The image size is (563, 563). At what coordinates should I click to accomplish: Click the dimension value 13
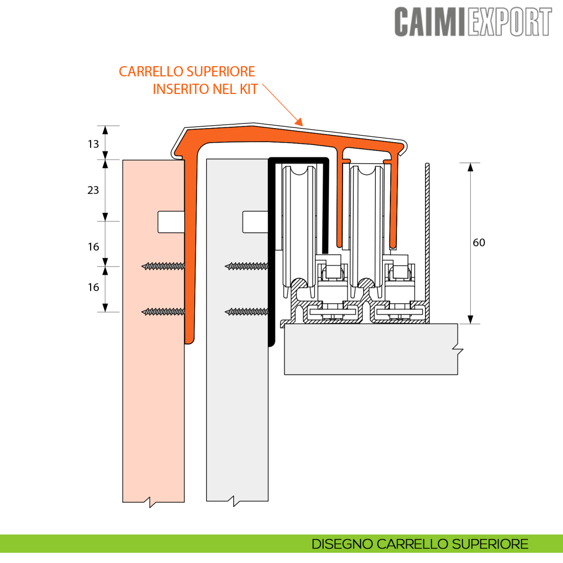click(x=93, y=144)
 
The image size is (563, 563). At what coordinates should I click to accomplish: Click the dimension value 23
click(x=93, y=190)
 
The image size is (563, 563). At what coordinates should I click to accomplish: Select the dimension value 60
click(x=479, y=243)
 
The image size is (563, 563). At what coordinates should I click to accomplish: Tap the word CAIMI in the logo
click(x=430, y=22)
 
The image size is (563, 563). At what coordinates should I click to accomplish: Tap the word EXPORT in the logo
click(x=509, y=22)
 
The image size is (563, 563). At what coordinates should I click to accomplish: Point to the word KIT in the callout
click(x=249, y=89)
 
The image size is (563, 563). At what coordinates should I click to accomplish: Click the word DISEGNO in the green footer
click(x=342, y=544)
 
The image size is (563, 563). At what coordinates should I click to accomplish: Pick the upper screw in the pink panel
click(x=163, y=266)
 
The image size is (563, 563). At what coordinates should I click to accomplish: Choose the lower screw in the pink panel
click(x=163, y=312)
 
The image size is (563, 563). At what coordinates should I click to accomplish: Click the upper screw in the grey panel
click(x=247, y=266)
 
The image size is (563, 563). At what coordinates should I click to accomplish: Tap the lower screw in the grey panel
click(x=247, y=312)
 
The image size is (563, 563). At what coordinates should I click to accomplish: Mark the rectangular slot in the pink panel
click(x=170, y=222)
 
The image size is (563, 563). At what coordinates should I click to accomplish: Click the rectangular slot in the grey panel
click(x=255, y=222)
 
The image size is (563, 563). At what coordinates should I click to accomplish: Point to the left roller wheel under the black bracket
click(x=298, y=225)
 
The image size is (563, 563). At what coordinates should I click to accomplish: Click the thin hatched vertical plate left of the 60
click(x=427, y=235)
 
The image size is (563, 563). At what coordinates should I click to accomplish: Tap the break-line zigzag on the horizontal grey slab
click(x=458, y=350)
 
